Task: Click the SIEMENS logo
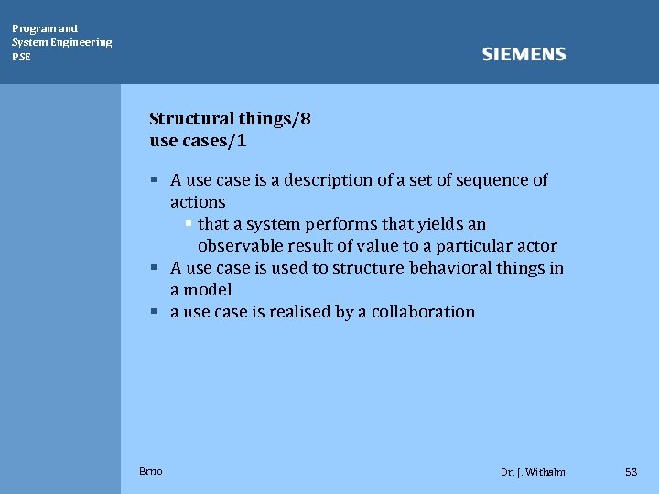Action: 524,55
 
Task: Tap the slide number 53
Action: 631,472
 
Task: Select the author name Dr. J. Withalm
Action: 533,472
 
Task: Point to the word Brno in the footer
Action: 151,471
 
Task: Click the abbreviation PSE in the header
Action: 21,57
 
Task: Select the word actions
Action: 198,202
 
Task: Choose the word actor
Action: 535,246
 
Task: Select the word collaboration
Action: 423,312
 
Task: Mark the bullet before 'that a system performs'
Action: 187,224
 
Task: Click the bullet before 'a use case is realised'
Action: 157,312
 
